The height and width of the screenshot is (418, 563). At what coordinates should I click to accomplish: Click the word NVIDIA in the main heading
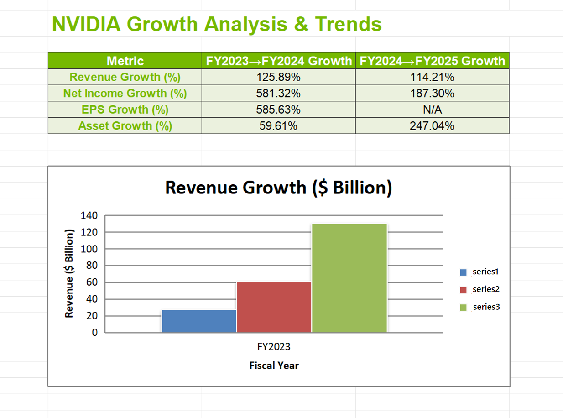86,24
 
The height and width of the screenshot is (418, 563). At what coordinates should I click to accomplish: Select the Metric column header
125,61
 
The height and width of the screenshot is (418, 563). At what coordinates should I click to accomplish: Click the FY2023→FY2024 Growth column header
279,61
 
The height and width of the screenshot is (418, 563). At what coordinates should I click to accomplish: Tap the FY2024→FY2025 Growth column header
432,61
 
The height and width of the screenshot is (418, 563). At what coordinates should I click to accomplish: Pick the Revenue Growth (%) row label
125,77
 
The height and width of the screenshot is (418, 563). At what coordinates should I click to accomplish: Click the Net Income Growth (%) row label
125,94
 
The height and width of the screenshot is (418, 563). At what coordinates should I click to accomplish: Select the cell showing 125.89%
279,77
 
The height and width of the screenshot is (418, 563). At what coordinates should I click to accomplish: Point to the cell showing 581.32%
279,94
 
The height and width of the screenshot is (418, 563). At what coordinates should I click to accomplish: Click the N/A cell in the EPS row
432,110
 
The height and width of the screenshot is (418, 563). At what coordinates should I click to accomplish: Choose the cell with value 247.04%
432,126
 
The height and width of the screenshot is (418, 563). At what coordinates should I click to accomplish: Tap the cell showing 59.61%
279,126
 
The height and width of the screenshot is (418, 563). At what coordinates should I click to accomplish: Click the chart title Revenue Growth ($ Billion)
278,188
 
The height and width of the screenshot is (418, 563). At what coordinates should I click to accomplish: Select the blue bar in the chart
199,321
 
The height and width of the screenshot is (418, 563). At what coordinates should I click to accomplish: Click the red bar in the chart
274,307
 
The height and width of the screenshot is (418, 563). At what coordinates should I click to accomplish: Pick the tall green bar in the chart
349,278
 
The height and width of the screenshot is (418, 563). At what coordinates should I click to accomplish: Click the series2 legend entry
485,289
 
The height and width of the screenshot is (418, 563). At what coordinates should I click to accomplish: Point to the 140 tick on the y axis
89,216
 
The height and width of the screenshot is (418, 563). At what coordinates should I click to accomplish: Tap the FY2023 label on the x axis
274,347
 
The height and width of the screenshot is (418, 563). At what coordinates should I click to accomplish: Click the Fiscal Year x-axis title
274,366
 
